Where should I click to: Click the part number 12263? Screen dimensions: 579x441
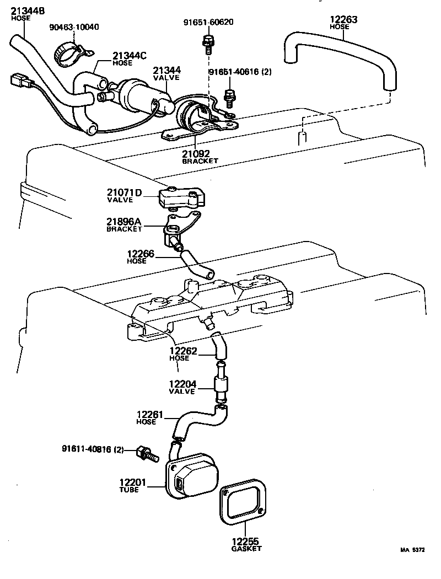[x=343, y=20]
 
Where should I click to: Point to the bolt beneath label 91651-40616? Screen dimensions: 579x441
[x=230, y=98]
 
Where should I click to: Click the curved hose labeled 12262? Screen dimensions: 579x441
[x=218, y=346]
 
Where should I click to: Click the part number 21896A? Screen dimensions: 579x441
[x=125, y=222]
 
